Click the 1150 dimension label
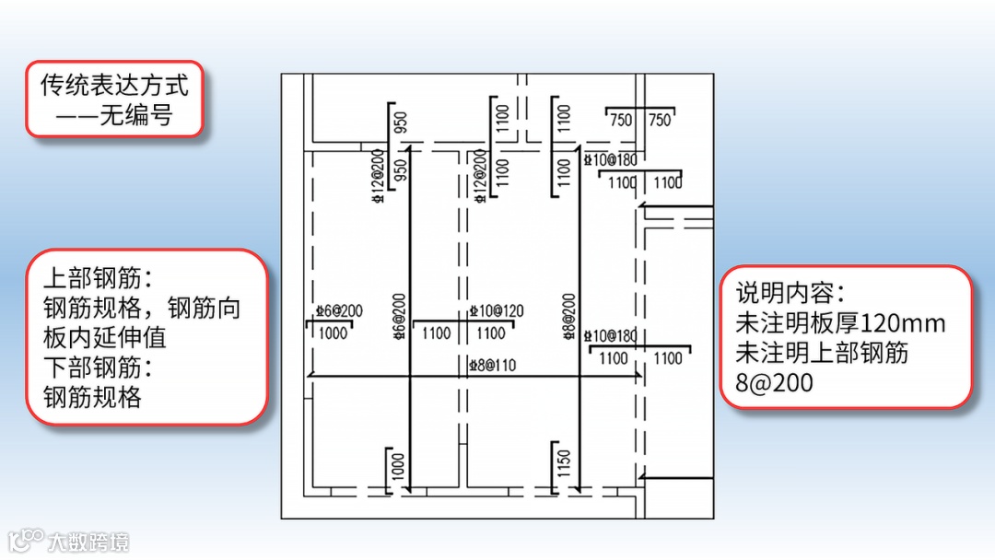click(564, 461)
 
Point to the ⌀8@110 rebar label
click(492, 365)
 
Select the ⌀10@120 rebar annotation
click(496, 311)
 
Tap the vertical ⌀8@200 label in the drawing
click(568, 316)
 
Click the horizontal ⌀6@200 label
click(338, 311)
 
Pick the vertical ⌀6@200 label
click(399, 316)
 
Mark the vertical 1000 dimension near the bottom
click(398, 465)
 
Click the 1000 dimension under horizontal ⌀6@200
click(333, 332)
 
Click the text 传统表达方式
click(114, 86)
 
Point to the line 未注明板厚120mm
click(840, 323)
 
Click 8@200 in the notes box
click(774, 382)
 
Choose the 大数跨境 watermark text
click(88, 542)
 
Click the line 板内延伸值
click(104, 337)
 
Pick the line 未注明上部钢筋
click(822, 353)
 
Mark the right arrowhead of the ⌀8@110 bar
click(638, 376)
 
